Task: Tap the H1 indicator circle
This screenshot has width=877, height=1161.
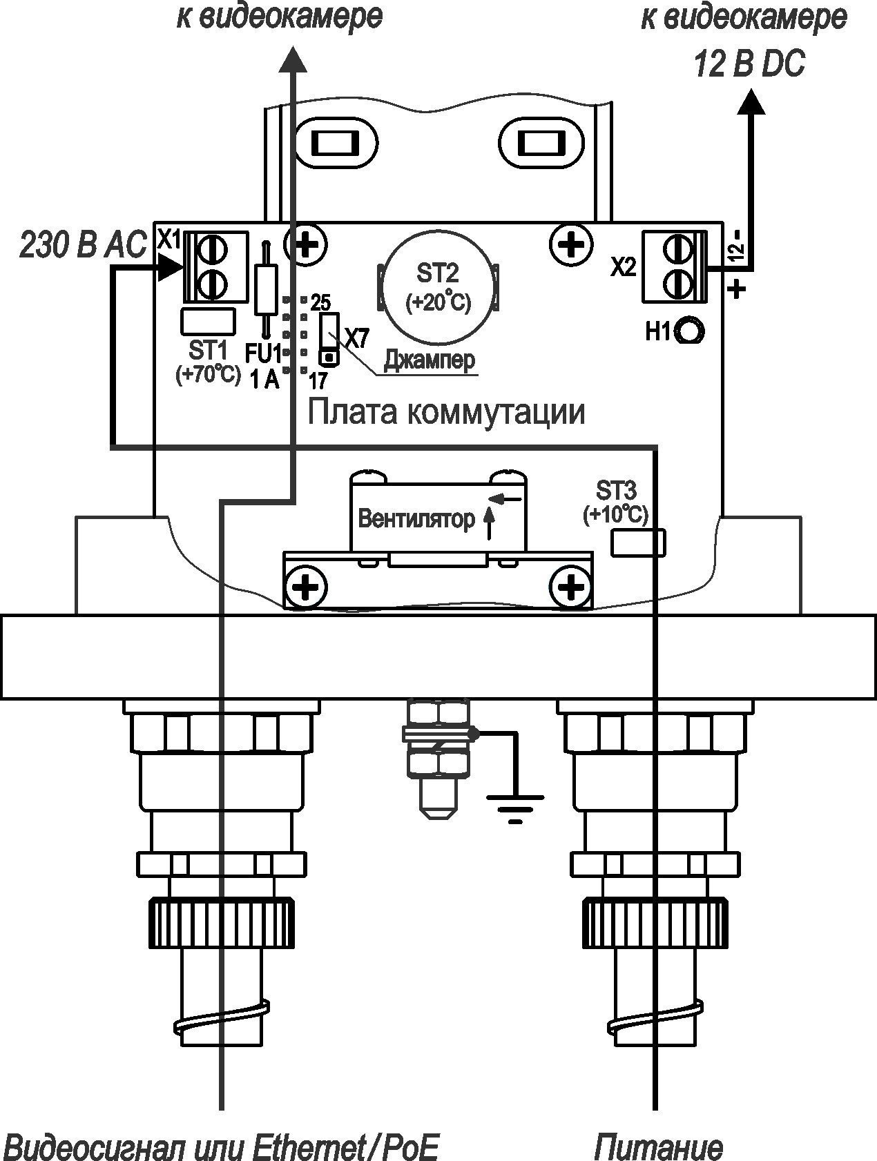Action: pos(690,331)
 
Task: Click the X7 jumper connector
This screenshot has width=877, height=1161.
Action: pos(329,338)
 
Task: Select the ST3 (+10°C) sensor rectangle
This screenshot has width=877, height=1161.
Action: pos(639,542)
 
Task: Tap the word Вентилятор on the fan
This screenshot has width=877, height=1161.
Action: pos(416,519)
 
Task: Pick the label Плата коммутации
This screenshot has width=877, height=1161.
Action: pos(446,412)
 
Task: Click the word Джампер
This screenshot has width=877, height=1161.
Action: pos(430,360)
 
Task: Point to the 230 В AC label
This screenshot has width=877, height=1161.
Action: pos(83,245)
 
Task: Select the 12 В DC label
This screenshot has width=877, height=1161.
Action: pos(749,66)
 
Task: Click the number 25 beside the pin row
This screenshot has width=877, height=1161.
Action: pos(320,302)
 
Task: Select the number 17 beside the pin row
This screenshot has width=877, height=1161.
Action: pos(318,380)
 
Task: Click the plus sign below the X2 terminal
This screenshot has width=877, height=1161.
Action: pos(738,288)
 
